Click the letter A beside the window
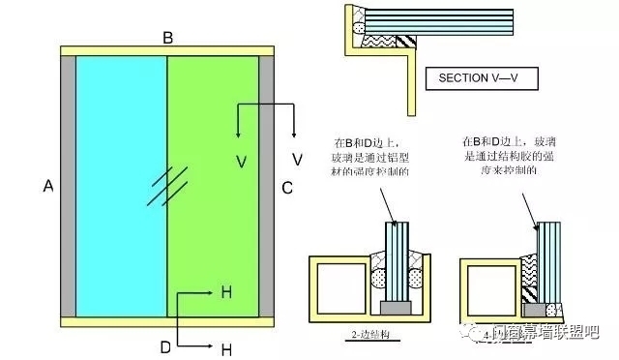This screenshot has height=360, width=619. point(47,187)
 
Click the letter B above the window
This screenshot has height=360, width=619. point(167,38)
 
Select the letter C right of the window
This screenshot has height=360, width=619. point(287,187)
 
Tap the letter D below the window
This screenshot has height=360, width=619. point(165,345)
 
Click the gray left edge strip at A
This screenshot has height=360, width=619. point(68,185)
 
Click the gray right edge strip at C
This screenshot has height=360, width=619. point(266,185)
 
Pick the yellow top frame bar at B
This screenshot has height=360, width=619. point(167,49)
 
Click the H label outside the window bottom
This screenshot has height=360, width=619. point(227,348)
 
